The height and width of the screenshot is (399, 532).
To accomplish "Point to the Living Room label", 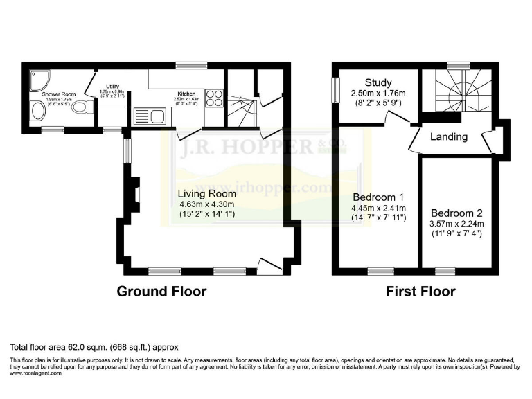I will (x=207, y=194).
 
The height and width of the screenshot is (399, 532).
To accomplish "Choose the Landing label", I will (x=448, y=137).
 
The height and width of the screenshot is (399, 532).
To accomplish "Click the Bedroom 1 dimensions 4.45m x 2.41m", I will (x=378, y=208).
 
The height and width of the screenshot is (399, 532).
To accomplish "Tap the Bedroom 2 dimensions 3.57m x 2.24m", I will (x=456, y=224).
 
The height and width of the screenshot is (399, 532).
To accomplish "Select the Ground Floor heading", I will (x=161, y=292).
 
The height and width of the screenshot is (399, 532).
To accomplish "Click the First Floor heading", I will (x=420, y=292).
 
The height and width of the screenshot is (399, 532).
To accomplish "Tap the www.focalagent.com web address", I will (x=36, y=373).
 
